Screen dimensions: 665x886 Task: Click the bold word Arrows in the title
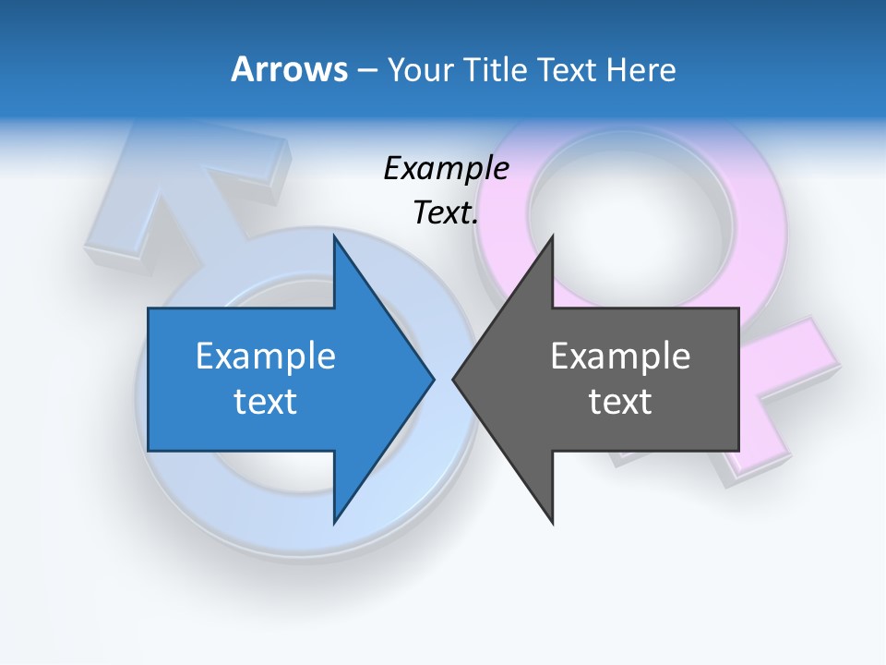tap(289, 69)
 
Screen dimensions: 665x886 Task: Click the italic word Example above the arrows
tap(446, 169)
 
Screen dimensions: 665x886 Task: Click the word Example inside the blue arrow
tap(266, 357)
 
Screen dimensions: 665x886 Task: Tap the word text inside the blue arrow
tap(266, 402)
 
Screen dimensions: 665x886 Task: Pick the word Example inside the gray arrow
tap(620, 357)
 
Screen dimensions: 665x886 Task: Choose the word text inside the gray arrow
tap(620, 402)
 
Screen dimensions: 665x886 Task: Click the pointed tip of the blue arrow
tap(433, 379)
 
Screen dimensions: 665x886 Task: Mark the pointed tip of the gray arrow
tap(454, 379)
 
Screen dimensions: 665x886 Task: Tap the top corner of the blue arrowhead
tap(335, 236)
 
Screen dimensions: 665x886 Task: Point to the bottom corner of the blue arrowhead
tap(335, 523)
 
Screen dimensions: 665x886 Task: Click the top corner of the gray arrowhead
tap(552, 236)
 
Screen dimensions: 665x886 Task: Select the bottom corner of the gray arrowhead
tap(552, 523)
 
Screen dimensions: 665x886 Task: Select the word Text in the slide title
tap(567, 69)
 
